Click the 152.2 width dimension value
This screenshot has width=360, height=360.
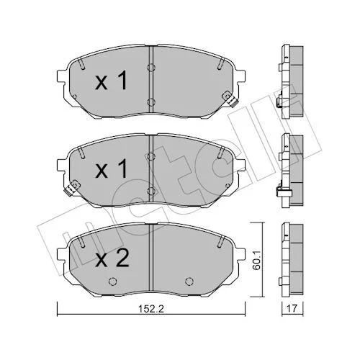pyautogui.click(x=151, y=308)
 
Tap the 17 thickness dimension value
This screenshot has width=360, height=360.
pyautogui.click(x=292, y=308)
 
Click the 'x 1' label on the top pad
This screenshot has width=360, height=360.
pyautogui.click(x=111, y=81)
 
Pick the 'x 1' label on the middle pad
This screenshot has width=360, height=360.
pyautogui.click(x=111, y=169)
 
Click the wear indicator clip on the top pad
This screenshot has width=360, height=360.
pyautogui.click(x=230, y=99)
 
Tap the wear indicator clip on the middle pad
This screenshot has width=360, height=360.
pyautogui.click(x=71, y=187)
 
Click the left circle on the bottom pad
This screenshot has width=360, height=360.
pyautogui.click(x=112, y=281)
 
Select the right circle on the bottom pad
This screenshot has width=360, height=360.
pyautogui.click(x=189, y=281)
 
